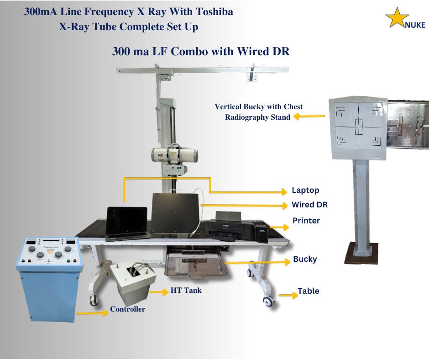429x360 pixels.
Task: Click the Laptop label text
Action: tap(305, 190)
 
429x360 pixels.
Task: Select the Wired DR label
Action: tap(309, 205)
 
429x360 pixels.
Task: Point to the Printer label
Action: tap(306, 221)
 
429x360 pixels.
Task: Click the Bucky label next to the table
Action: tap(305, 259)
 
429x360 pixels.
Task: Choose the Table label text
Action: tap(309, 291)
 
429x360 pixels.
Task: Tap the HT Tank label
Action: tap(186, 290)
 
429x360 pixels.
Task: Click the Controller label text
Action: tap(127, 309)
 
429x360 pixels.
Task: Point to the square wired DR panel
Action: tap(175, 213)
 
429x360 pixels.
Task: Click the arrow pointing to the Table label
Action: tap(288, 296)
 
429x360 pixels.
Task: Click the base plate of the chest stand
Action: tap(361, 254)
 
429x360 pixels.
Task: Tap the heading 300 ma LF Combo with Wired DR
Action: tap(201, 52)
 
